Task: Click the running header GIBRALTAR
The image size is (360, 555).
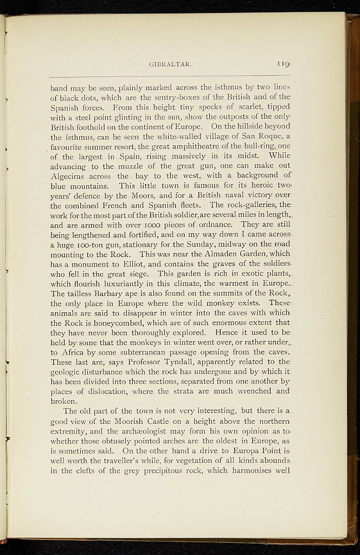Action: tap(169, 64)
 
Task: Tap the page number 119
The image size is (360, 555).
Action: tap(284, 64)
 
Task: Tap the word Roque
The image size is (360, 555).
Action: tap(271, 135)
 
